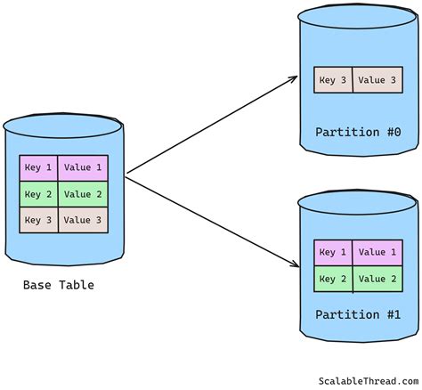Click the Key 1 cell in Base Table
tap(38, 167)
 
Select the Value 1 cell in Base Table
tap(83, 167)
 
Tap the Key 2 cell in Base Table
tap(38, 194)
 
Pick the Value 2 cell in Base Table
tap(83, 194)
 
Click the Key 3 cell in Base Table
tap(38, 220)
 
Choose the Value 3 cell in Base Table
tap(83, 220)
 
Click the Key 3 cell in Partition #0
tap(334, 80)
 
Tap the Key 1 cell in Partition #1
tap(333, 252)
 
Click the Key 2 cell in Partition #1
tap(333, 279)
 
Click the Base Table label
tap(59, 285)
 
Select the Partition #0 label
tap(356, 133)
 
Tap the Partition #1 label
tap(356, 315)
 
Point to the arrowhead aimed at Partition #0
tap(294, 79)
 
